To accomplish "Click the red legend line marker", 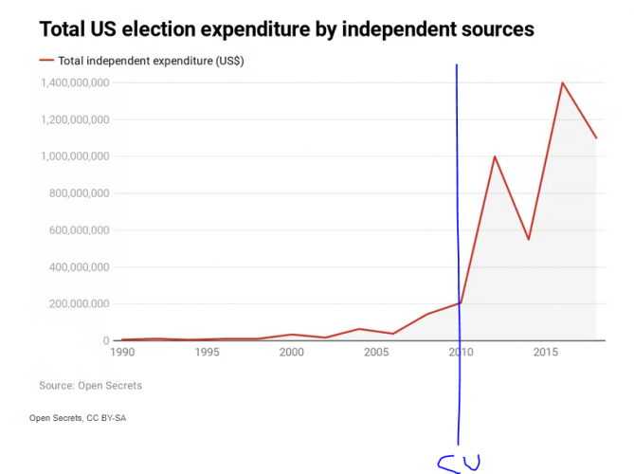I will tap(46, 60).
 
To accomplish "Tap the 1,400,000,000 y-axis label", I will tap(74, 83).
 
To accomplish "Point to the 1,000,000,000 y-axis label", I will tap(74, 156).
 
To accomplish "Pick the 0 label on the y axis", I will tap(106, 340).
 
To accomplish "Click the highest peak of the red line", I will tap(562, 82).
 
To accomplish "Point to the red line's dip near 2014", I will tap(528, 239).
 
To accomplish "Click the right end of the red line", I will tap(596, 138).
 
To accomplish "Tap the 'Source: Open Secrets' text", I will tap(91, 386).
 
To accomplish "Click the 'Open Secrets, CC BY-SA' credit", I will tap(78, 418).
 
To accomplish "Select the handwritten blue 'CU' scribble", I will tap(459, 463).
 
